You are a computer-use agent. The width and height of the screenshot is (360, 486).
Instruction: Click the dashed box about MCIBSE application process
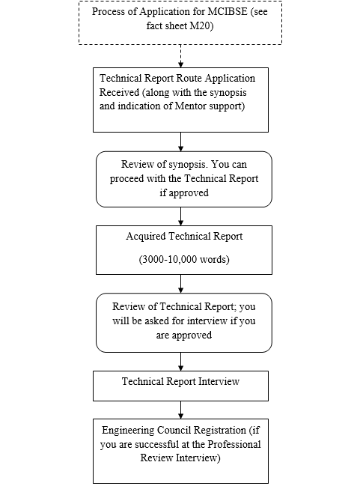tap(180, 22)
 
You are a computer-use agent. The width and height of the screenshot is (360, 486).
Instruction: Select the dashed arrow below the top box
tap(180, 56)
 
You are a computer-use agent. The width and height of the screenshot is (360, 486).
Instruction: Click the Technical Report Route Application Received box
tap(180, 100)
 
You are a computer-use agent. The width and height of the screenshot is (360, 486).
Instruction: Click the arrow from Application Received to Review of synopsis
tap(180, 142)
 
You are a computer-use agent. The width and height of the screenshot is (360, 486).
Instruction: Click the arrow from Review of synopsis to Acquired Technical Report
tap(180, 215)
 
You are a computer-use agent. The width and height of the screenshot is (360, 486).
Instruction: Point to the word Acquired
tap(147, 237)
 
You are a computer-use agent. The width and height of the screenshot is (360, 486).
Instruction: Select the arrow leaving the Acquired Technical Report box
tap(180, 283)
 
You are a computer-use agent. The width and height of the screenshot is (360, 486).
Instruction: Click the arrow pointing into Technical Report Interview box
tap(180, 360)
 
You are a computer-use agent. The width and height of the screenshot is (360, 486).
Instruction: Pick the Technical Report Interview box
tap(180, 383)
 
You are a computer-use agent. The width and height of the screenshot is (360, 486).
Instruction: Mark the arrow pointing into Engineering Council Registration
tap(180, 409)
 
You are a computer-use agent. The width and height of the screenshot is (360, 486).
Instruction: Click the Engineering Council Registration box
tap(180, 449)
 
